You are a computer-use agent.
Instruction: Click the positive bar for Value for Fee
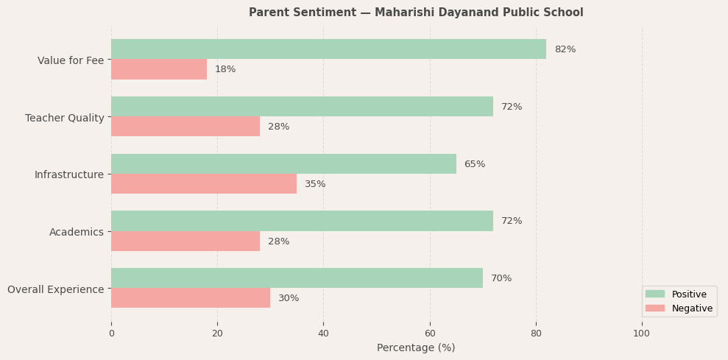coord(328,49)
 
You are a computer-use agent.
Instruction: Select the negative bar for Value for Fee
coord(159,69)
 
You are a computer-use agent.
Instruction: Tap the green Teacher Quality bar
coord(302,107)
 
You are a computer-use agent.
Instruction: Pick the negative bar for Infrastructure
coord(204,184)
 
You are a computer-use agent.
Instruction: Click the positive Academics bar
coord(302,221)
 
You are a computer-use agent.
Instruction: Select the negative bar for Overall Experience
coord(191,298)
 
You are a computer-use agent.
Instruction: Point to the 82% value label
coord(565,49)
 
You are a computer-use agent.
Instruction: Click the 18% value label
coord(225,69)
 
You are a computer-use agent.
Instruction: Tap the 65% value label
coord(474,164)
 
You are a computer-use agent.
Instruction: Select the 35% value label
coord(315,184)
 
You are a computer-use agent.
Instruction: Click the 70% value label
coord(501,278)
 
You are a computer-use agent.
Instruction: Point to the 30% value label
coord(289,298)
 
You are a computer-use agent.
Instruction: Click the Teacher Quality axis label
coord(65,118)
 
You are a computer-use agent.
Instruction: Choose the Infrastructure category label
coord(69,174)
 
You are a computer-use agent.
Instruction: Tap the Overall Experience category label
coord(56,289)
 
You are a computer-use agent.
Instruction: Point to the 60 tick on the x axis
coord(430,333)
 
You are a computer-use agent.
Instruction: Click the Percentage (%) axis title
coord(416,347)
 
